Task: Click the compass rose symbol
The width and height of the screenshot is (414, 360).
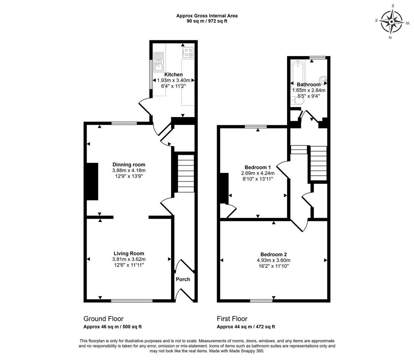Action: pyautogui.click(x=392, y=22)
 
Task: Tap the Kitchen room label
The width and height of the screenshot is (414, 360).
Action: pyautogui.click(x=173, y=74)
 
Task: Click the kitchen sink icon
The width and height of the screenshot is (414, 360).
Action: pyautogui.click(x=159, y=62)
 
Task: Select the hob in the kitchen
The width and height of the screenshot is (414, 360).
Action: pyautogui.click(x=188, y=52)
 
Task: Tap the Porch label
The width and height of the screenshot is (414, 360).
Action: pyautogui.click(x=183, y=279)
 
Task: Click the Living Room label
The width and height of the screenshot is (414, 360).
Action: pyautogui.click(x=129, y=254)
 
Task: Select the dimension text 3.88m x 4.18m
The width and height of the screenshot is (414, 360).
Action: pyautogui.click(x=129, y=171)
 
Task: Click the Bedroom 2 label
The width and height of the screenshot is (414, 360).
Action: pyautogui.click(x=274, y=255)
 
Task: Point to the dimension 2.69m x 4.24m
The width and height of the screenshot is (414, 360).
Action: pyautogui.click(x=258, y=173)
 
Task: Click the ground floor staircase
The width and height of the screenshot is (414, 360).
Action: pyautogui.click(x=186, y=173)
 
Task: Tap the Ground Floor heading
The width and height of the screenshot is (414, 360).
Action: pyautogui.click(x=103, y=319)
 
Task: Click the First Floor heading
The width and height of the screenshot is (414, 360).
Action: pyautogui.click(x=232, y=319)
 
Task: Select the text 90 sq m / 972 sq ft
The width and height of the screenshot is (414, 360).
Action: pyautogui.click(x=207, y=21)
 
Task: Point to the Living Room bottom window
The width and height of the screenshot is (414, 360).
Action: pyautogui.click(x=132, y=301)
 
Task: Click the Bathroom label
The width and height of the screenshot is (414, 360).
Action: pyautogui.click(x=308, y=84)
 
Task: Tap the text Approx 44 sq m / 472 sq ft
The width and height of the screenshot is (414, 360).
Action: pyautogui.click(x=246, y=327)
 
